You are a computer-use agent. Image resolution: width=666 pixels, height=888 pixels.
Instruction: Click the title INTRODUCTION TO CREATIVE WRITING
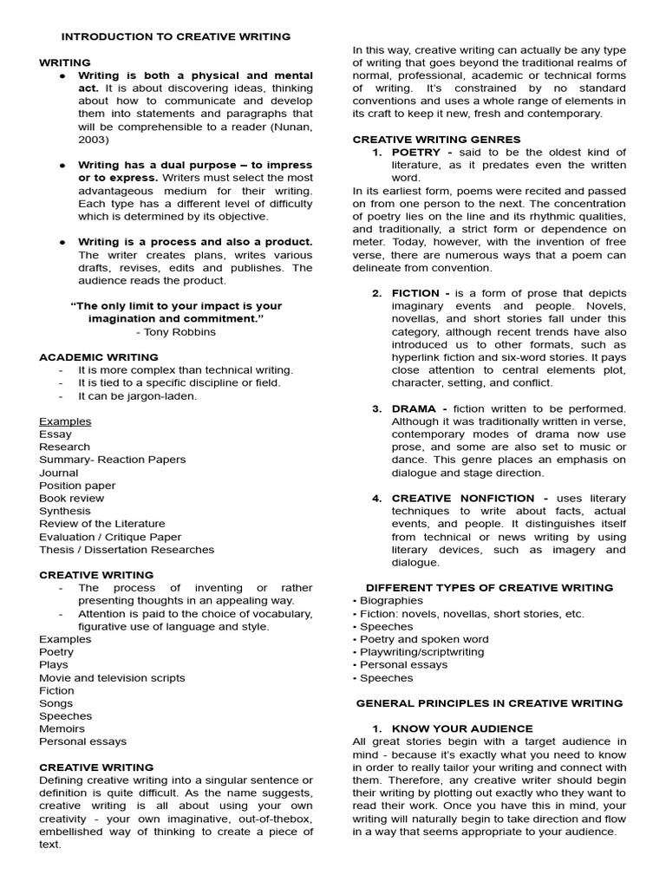pos(175,36)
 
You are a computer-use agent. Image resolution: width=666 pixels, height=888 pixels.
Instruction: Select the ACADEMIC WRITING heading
pos(98,357)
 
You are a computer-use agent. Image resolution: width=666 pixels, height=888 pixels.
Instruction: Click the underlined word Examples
pos(65,421)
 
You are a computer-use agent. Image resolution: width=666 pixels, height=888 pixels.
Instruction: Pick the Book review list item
pos(71,499)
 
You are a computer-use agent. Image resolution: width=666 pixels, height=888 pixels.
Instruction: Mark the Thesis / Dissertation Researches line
pos(127,550)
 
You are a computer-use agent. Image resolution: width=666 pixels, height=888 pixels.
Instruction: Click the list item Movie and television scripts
pos(112,678)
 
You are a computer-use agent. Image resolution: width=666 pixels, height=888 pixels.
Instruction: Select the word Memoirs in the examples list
pos(62,729)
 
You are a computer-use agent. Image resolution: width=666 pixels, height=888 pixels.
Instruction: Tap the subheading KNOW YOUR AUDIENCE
pos(462,728)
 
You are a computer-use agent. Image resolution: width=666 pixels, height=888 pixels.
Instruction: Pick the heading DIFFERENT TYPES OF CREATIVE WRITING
pos(489,588)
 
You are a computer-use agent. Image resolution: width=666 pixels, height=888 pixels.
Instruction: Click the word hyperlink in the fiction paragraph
pos(420,356)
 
